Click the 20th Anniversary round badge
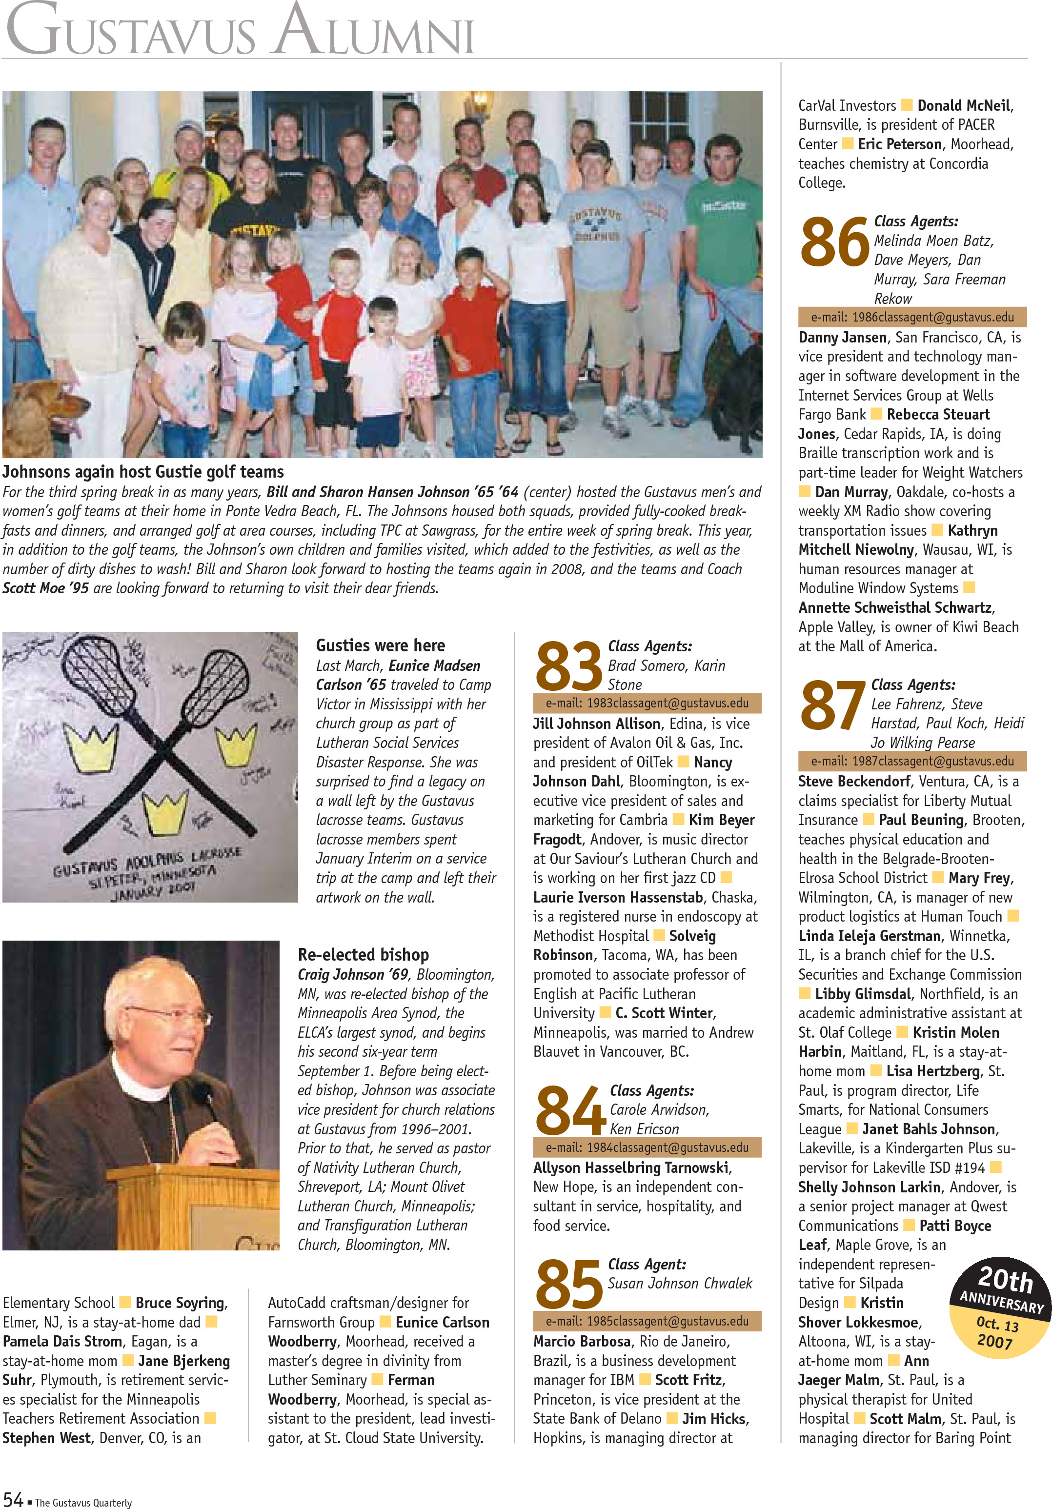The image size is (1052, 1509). coord(1000,1308)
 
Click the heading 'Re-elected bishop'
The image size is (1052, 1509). coord(363,954)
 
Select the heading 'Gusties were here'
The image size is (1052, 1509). coord(380,645)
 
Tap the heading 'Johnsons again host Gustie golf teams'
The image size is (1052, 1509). coord(143,472)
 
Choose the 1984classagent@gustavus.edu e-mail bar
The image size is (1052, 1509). coord(647,1147)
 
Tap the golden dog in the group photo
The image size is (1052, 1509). coord(40,414)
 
